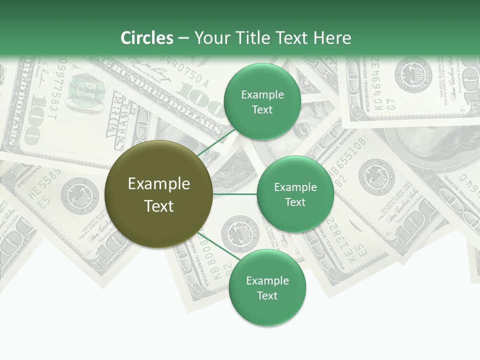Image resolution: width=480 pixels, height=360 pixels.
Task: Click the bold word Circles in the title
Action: (x=146, y=38)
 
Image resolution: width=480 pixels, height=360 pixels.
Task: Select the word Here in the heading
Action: (x=332, y=38)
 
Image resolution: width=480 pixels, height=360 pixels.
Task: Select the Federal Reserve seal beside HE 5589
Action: (x=76, y=193)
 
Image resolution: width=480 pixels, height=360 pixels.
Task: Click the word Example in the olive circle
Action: (x=158, y=184)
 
